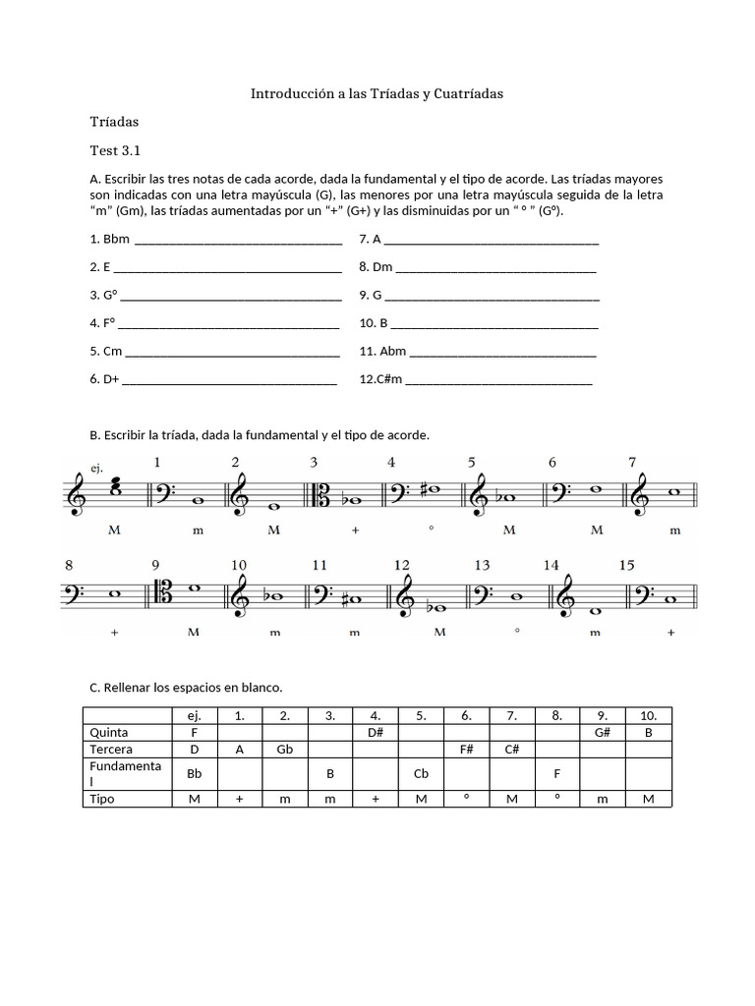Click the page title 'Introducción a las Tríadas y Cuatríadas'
click(x=377, y=94)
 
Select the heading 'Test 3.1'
click(x=115, y=151)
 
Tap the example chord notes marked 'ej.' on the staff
click(x=116, y=486)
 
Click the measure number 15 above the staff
click(x=627, y=565)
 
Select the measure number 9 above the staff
click(x=155, y=565)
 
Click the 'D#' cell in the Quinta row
click(x=375, y=733)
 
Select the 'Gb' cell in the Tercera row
click(x=285, y=750)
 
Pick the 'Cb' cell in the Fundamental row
click(x=421, y=773)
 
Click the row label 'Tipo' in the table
click(x=102, y=799)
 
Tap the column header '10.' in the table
click(x=649, y=716)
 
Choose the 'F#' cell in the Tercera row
click(x=466, y=750)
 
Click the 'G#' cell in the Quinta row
click(x=604, y=733)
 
